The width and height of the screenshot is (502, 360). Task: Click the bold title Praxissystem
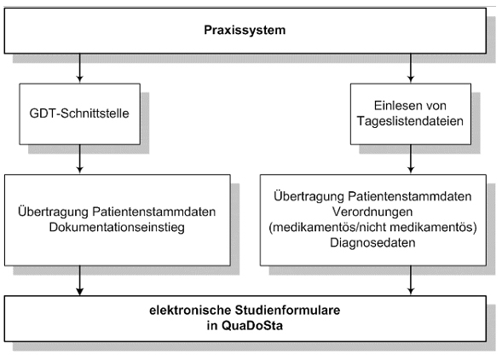(245, 30)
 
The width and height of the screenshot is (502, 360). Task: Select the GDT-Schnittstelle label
(79, 113)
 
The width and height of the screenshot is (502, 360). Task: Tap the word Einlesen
(397, 106)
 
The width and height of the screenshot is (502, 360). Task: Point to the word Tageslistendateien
(410, 121)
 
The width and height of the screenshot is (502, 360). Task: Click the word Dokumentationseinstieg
(117, 227)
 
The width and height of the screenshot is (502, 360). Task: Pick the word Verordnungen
(372, 212)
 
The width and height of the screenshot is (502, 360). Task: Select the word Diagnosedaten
(372, 242)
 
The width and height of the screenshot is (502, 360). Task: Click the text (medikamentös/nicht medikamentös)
(372, 227)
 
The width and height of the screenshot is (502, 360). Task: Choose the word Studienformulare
(287, 311)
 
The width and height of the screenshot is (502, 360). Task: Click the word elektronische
(190, 311)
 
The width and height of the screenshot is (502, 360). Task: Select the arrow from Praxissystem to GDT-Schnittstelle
(80, 67)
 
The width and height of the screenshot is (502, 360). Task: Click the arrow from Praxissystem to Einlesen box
(411, 67)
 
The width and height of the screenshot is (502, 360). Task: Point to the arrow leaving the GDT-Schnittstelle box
(80, 159)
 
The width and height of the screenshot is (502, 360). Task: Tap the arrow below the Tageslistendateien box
(411, 159)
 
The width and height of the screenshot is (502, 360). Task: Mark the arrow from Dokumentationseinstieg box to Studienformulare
(80, 281)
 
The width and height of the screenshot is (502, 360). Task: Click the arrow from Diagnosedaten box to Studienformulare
(411, 280)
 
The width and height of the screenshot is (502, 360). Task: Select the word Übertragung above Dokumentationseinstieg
(53, 212)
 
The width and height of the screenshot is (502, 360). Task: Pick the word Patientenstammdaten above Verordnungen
(410, 196)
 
